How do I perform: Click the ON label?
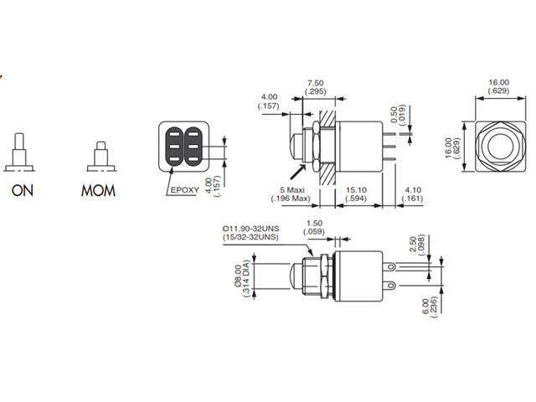click(23, 190)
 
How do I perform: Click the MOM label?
click(98, 190)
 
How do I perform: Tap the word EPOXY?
click(184, 190)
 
